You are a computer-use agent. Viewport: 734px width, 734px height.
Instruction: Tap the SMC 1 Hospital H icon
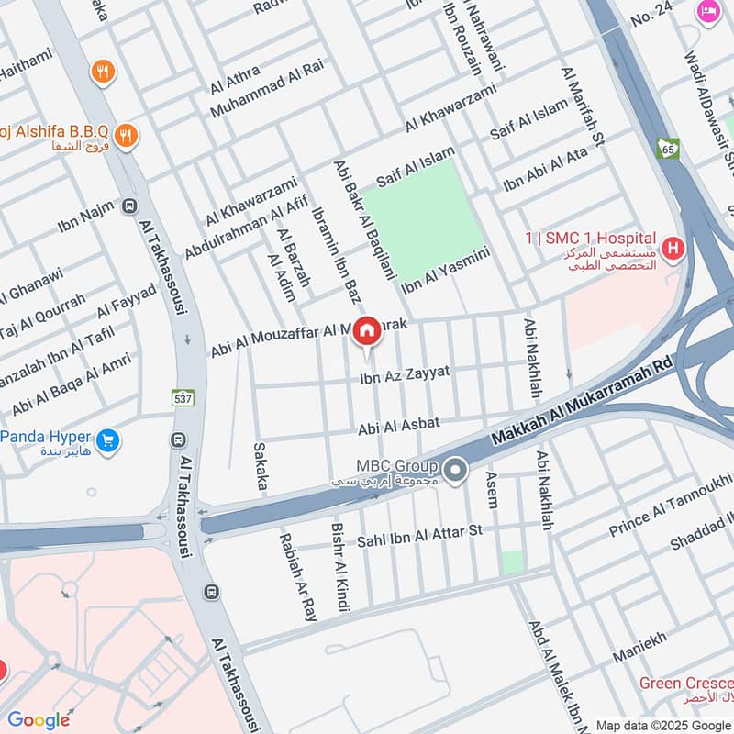pyautogui.click(x=673, y=248)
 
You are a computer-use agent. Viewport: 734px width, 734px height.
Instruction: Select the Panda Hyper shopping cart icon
pyautogui.click(x=108, y=441)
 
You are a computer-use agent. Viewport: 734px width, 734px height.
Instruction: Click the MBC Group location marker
pyautogui.click(x=455, y=472)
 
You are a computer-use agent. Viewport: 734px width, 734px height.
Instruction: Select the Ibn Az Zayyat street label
pyautogui.click(x=405, y=373)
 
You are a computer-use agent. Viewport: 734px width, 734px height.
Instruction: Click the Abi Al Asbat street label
pyautogui.click(x=399, y=423)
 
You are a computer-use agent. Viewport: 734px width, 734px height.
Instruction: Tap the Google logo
pyautogui.click(x=39, y=720)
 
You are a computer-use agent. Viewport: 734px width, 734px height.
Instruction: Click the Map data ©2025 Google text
pyautogui.click(x=662, y=724)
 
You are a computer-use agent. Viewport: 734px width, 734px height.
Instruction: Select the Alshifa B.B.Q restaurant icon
pyautogui.click(x=127, y=137)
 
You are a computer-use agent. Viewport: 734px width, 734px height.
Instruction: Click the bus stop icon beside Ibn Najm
pyautogui.click(x=129, y=207)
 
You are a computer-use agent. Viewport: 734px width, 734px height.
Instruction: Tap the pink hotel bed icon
pyautogui.click(x=708, y=11)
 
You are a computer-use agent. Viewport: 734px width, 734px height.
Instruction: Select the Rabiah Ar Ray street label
pyautogui.click(x=298, y=577)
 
